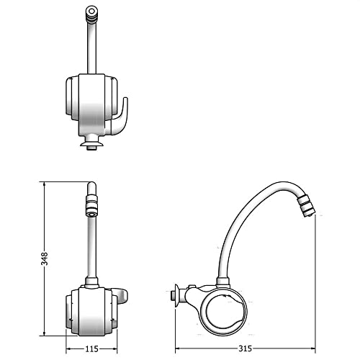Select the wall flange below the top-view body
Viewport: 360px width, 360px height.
click(91, 146)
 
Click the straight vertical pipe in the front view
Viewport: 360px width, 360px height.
click(91, 245)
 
